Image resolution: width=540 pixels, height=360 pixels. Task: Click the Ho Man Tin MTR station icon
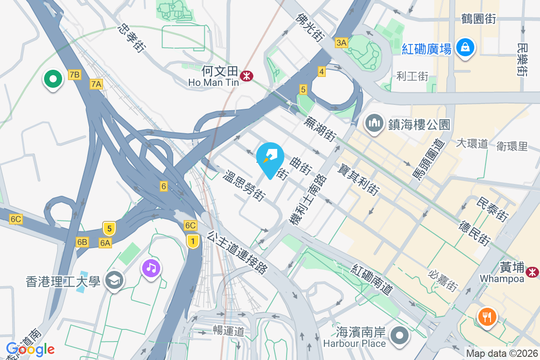(x=246, y=76)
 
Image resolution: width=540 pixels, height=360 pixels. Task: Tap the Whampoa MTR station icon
(x=532, y=272)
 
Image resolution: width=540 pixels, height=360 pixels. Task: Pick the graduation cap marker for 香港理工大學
(x=114, y=282)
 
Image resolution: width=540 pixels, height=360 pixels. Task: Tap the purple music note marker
(x=151, y=269)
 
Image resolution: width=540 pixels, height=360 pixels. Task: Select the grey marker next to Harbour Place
(x=399, y=336)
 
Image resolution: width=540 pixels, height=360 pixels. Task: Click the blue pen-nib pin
(x=270, y=158)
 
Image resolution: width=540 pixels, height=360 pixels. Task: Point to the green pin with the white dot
(x=53, y=80)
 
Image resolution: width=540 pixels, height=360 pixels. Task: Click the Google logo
(x=30, y=349)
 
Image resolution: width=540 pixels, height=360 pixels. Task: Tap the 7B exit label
(x=75, y=75)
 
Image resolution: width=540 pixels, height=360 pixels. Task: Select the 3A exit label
(x=342, y=43)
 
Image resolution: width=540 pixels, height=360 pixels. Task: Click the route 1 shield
(x=193, y=242)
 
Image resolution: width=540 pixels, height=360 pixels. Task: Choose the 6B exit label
(x=82, y=242)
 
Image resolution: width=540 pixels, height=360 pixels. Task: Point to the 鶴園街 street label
(x=478, y=19)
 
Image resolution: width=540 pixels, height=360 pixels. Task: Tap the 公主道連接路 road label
(x=238, y=252)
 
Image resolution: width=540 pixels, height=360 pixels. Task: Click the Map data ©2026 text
(x=502, y=354)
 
